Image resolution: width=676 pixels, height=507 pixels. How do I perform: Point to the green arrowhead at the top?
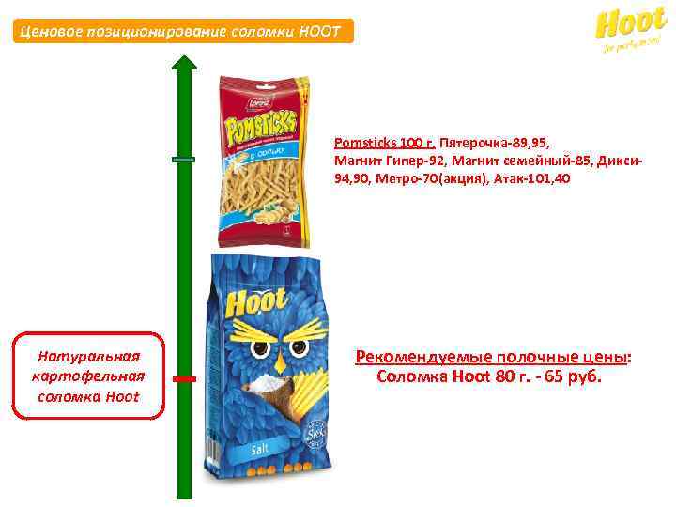[x=185, y=65]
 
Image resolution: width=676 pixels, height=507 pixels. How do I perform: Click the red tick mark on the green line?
[x=185, y=378]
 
